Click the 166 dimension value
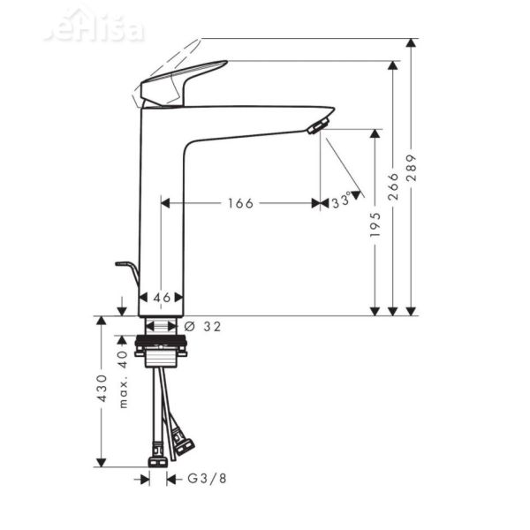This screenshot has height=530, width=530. point(239,203)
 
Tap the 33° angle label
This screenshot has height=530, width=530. point(341,201)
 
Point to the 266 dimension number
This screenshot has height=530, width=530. point(393,186)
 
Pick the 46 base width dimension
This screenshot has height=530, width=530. point(163,298)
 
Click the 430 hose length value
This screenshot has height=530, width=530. point(102,389)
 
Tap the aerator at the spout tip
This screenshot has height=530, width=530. point(316,126)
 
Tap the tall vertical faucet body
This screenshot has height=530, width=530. point(163,212)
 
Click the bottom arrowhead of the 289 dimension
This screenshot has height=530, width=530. point(411,309)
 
